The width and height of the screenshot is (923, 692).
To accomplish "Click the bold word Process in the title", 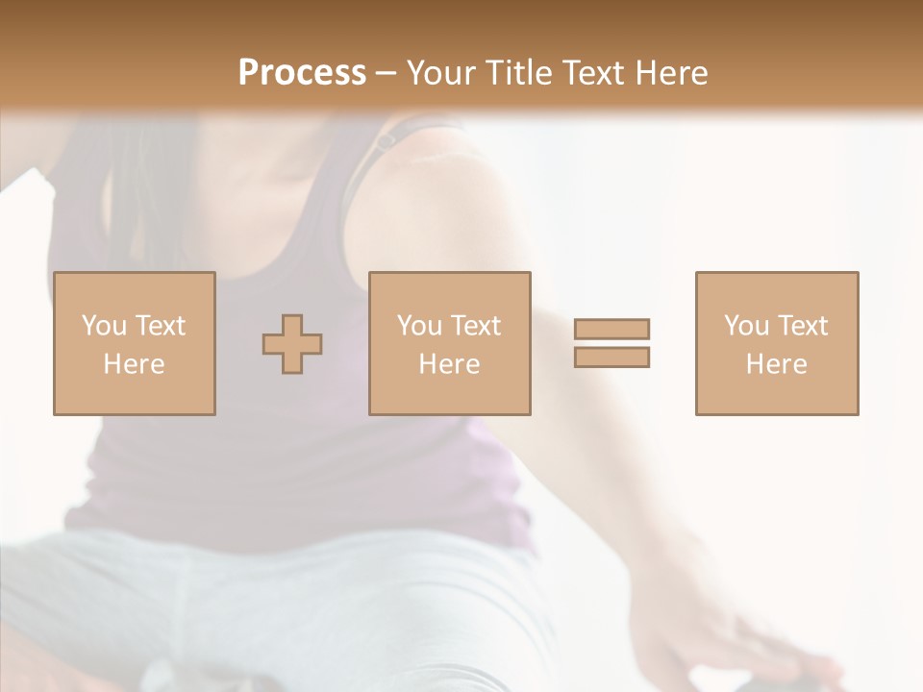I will click(x=302, y=73).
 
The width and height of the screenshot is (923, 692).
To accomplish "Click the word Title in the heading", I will click(x=520, y=73).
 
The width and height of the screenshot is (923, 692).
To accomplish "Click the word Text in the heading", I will click(x=590, y=73).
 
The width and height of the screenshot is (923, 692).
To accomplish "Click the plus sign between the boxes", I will click(x=292, y=344).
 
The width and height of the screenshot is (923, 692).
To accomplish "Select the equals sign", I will click(x=611, y=343).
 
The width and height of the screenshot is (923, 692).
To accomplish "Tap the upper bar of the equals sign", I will click(x=611, y=330).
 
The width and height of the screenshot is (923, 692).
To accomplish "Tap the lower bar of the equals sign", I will click(x=611, y=358).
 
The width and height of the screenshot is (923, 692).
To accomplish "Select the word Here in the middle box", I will click(x=450, y=364).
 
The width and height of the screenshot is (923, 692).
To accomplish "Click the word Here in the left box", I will click(x=135, y=364).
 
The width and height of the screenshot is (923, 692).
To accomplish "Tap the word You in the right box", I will click(x=746, y=326).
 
